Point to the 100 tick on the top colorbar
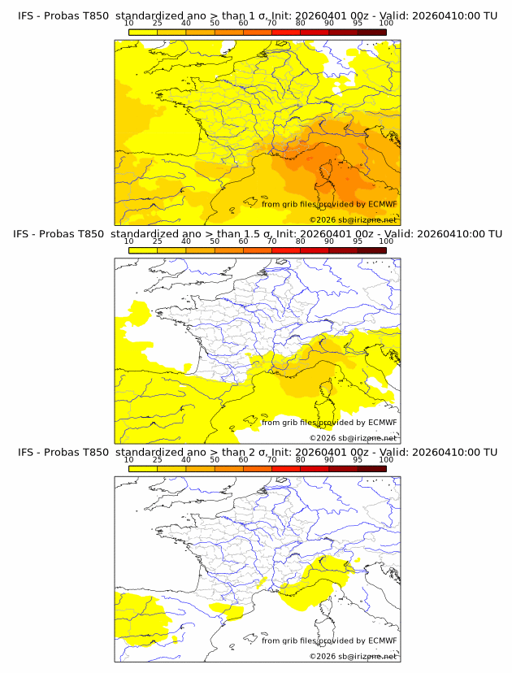[x=386, y=23]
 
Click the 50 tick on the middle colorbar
[x=215, y=241]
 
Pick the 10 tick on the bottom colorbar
[x=129, y=459]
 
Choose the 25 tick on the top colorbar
[x=158, y=23]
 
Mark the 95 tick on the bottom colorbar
[x=358, y=459]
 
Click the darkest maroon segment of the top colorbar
[x=371, y=32]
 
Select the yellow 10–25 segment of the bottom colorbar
[x=143, y=468]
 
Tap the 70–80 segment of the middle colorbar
[x=286, y=250]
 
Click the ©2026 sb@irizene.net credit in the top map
[x=353, y=219]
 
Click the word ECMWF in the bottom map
[x=382, y=640]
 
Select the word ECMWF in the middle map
[x=382, y=423]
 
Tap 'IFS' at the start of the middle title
[x=27, y=234]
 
